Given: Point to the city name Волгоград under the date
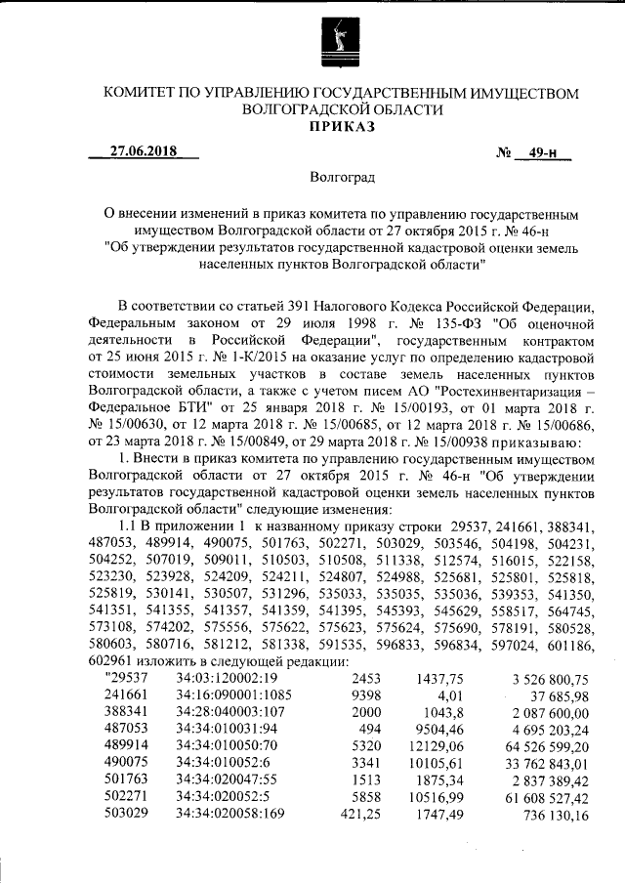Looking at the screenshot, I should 341,179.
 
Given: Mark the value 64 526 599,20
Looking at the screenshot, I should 549,745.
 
